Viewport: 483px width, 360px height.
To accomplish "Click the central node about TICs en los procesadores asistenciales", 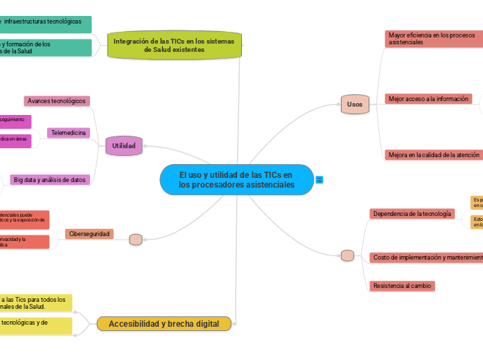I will (236, 180).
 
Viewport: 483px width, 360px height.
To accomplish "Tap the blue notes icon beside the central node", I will (319, 180).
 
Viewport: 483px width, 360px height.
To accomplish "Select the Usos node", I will (354, 105).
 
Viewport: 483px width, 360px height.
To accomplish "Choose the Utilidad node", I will (124, 145).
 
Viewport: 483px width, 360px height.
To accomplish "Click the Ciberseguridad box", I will (89, 234).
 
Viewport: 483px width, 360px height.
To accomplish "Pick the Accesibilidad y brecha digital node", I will (164, 323).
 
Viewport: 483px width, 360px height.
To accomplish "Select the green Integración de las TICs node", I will (174, 46).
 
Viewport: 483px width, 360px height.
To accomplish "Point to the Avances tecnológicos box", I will (57, 101).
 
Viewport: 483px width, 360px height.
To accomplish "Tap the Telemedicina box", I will (69, 132).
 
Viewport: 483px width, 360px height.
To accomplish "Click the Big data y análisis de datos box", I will (50, 180).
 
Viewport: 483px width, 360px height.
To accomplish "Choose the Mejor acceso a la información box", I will (428, 99).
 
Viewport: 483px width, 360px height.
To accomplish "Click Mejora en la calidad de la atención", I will (434, 154).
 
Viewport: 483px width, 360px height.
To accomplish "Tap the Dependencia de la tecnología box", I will (413, 214).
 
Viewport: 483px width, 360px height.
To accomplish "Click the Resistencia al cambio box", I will (402, 285).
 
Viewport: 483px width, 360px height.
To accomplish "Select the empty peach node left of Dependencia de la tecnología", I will (347, 255).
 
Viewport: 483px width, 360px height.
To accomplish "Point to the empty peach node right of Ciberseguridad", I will (136, 240).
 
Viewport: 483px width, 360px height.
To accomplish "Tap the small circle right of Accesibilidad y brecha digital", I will (236, 323).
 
